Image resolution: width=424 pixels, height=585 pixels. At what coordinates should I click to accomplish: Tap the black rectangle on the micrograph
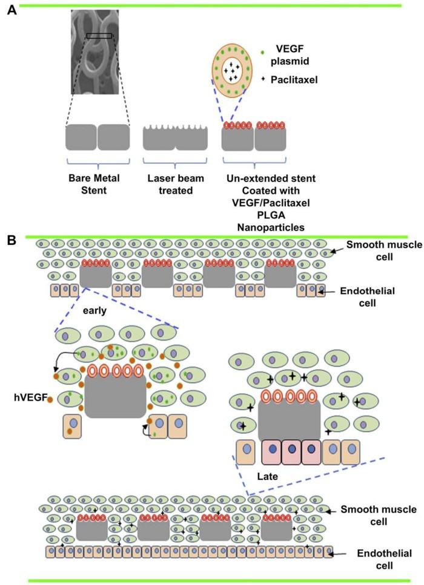[x=99, y=36]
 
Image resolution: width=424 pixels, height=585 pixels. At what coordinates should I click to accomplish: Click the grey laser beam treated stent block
[x=175, y=139]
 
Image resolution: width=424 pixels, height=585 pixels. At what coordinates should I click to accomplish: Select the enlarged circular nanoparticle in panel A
[x=233, y=71]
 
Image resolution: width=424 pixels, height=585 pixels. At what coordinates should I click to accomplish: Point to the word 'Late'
[x=267, y=476]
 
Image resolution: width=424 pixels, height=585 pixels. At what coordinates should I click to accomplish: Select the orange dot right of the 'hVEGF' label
[x=49, y=399]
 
